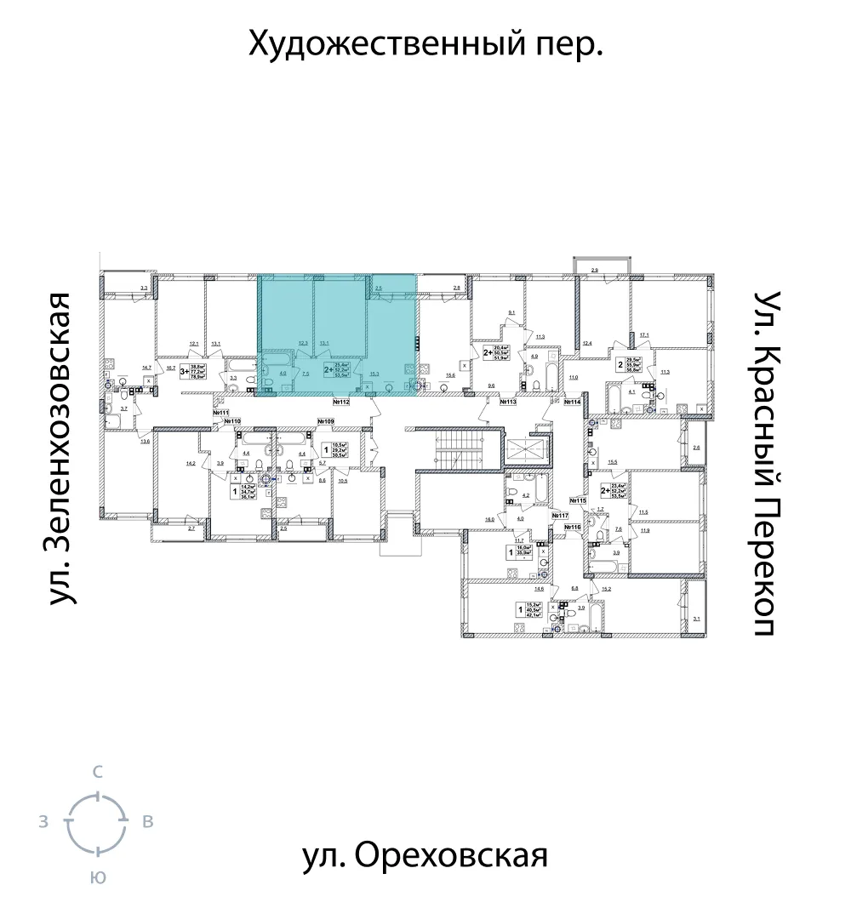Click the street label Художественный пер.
click(x=425, y=42)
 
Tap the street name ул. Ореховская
click(x=425, y=855)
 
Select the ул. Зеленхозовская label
click(x=59, y=449)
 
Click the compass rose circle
click(x=98, y=821)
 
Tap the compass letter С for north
click(x=98, y=773)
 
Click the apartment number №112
click(x=342, y=402)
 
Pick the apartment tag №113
click(x=510, y=402)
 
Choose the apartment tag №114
click(x=569, y=402)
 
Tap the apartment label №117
click(x=559, y=516)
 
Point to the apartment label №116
click(x=572, y=528)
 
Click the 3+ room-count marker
click(x=184, y=370)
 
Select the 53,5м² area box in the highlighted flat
click(x=341, y=374)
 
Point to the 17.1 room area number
click(x=644, y=334)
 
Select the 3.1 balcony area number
click(x=697, y=620)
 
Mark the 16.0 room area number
click(x=489, y=518)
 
